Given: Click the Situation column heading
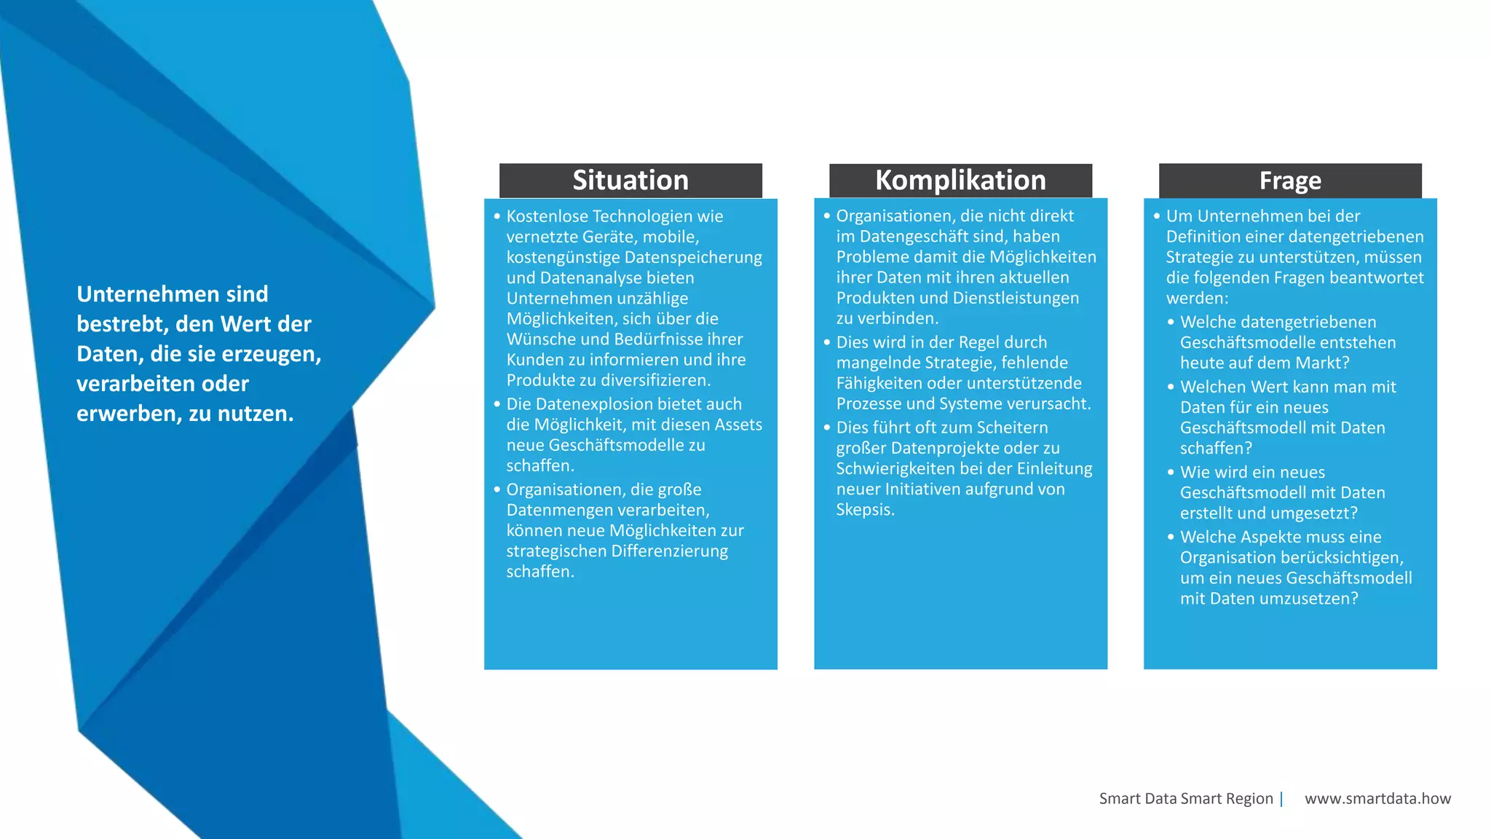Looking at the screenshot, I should click(630, 180).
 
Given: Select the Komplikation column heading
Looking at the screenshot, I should click(960, 180).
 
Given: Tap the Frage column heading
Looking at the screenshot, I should click(1290, 181).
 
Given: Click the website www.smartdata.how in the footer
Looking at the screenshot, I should click(1377, 798).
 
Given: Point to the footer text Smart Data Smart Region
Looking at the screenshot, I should click(1186, 798).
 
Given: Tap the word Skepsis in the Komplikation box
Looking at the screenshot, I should click(864, 510).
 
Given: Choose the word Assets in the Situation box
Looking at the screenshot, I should click(737, 425).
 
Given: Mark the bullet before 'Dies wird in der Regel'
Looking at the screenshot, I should click(827, 342).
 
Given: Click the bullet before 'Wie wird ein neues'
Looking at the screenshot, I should click(1171, 472).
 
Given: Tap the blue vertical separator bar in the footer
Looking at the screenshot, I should click(1281, 799).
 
